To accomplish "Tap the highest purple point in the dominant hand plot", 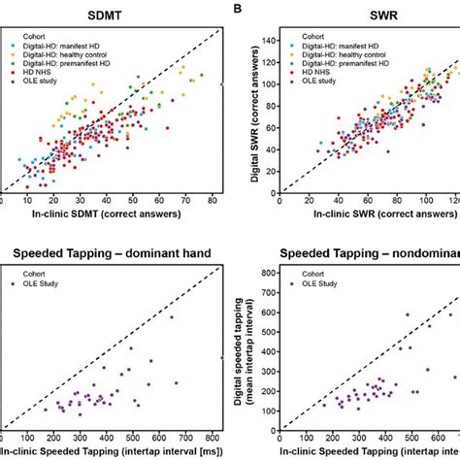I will (x=172, y=316).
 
